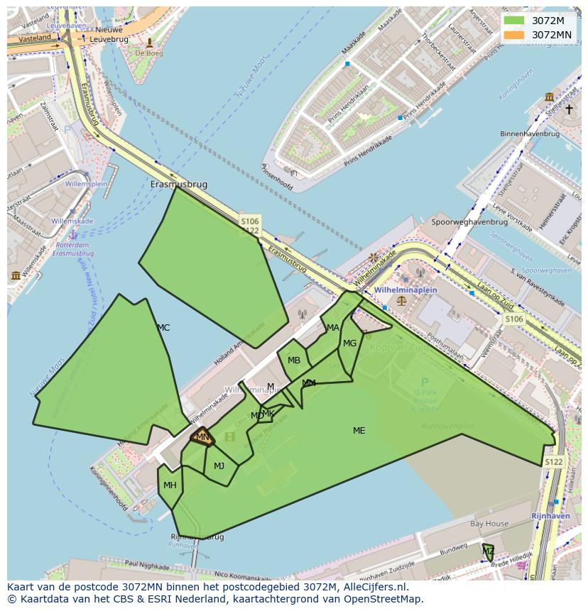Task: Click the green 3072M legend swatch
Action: tap(514, 21)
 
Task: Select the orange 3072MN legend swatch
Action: tap(514, 35)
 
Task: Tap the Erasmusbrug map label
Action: tap(179, 185)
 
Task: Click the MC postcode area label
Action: tap(163, 328)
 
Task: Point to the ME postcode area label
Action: tap(359, 431)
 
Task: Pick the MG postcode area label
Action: tap(349, 343)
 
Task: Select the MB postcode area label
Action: tap(294, 360)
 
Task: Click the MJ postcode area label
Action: tap(219, 466)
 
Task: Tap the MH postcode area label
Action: tap(170, 485)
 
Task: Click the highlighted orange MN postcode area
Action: tap(202, 437)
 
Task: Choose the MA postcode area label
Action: tap(333, 328)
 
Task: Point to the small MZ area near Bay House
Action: tap(489, 551)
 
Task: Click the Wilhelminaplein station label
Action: tap(406, 290)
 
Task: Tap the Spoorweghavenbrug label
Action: tap(469, 222)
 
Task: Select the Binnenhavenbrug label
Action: tap(530, 134)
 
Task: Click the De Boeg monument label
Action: tap(149, 53)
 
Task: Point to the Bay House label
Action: tap(489, 524)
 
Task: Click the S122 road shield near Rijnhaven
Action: tap(553, 462)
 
